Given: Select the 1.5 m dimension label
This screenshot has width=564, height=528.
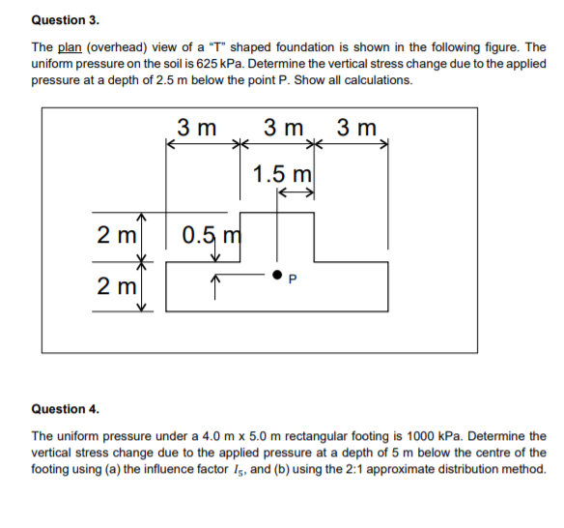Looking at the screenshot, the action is (x=281, y=174).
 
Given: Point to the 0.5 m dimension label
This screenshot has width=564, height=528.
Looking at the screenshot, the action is (x=214, y=235).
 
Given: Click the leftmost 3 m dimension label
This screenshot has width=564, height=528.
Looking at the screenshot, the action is (x=197, y=128).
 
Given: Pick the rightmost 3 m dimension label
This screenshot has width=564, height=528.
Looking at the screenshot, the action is (x=357, y=128).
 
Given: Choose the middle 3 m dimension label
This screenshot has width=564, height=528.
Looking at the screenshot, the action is (x=282, y=128).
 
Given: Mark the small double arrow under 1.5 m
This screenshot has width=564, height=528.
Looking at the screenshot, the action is (x=295, y=193).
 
